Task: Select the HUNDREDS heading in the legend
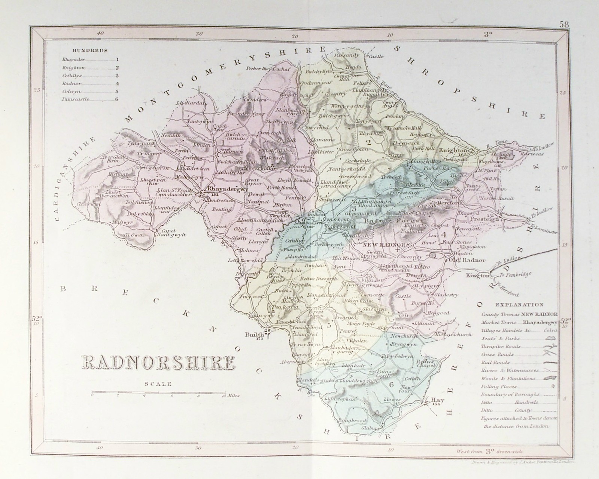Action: coord(85,50)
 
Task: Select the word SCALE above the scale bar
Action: coord(159,383)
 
